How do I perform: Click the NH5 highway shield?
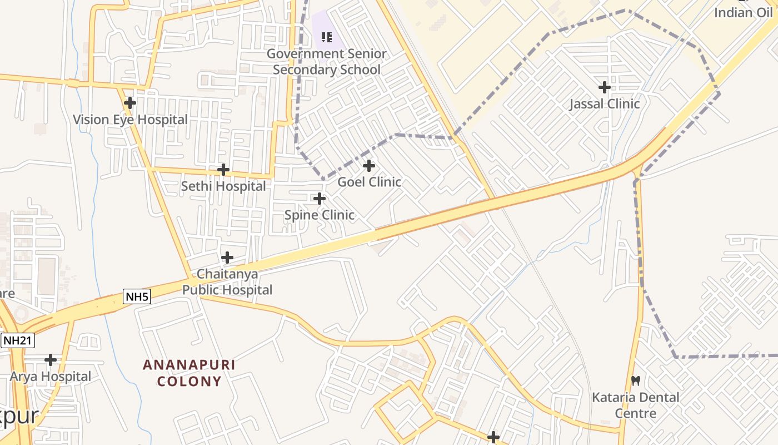point(137,296)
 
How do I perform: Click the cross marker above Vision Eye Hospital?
point(130,103)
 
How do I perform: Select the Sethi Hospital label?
point(223,186)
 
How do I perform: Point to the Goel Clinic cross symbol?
point(369,166)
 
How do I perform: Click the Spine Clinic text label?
point(320,215)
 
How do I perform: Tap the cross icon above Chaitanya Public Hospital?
point(227,258)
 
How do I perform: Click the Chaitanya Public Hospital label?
point(227,282)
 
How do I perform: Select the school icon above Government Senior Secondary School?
point(327,37)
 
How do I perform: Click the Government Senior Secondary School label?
point(327,62)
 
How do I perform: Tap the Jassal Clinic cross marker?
point(605,87)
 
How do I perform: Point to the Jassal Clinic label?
point(605,104)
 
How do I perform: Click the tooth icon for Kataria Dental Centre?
point(636,381)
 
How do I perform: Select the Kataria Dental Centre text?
point(636,406)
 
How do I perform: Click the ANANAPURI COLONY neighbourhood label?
point(189,373)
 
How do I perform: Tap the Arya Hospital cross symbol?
point(51,360)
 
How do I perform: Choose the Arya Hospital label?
point(51,377)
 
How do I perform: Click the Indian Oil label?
point(743,13)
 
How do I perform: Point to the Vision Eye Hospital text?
point(130,120)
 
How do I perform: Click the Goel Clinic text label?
point(370,182)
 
